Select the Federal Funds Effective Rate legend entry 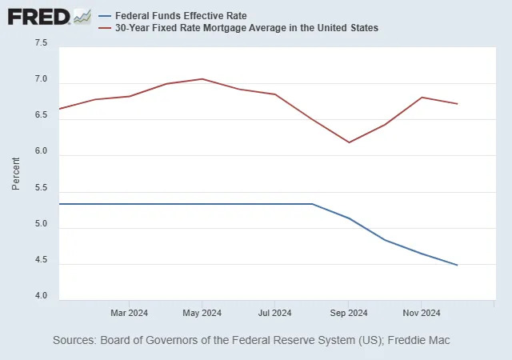(181, 15)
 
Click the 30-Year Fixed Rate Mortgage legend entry (246, 28)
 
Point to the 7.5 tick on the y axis (40, 43)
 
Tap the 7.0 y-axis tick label (40, 80)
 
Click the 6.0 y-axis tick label (40, 152)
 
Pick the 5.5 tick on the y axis (40, 188)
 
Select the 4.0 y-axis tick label (40, 297)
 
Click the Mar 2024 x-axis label (129, 312)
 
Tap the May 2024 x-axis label (202, 312)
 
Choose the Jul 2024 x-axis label (274, 312)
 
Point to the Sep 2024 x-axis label (348, 312)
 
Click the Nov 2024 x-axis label (421, 312)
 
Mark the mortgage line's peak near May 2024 (202, 79)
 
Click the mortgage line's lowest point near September (349, 142)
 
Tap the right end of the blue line (457, 265)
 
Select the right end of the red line (457, 103)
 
